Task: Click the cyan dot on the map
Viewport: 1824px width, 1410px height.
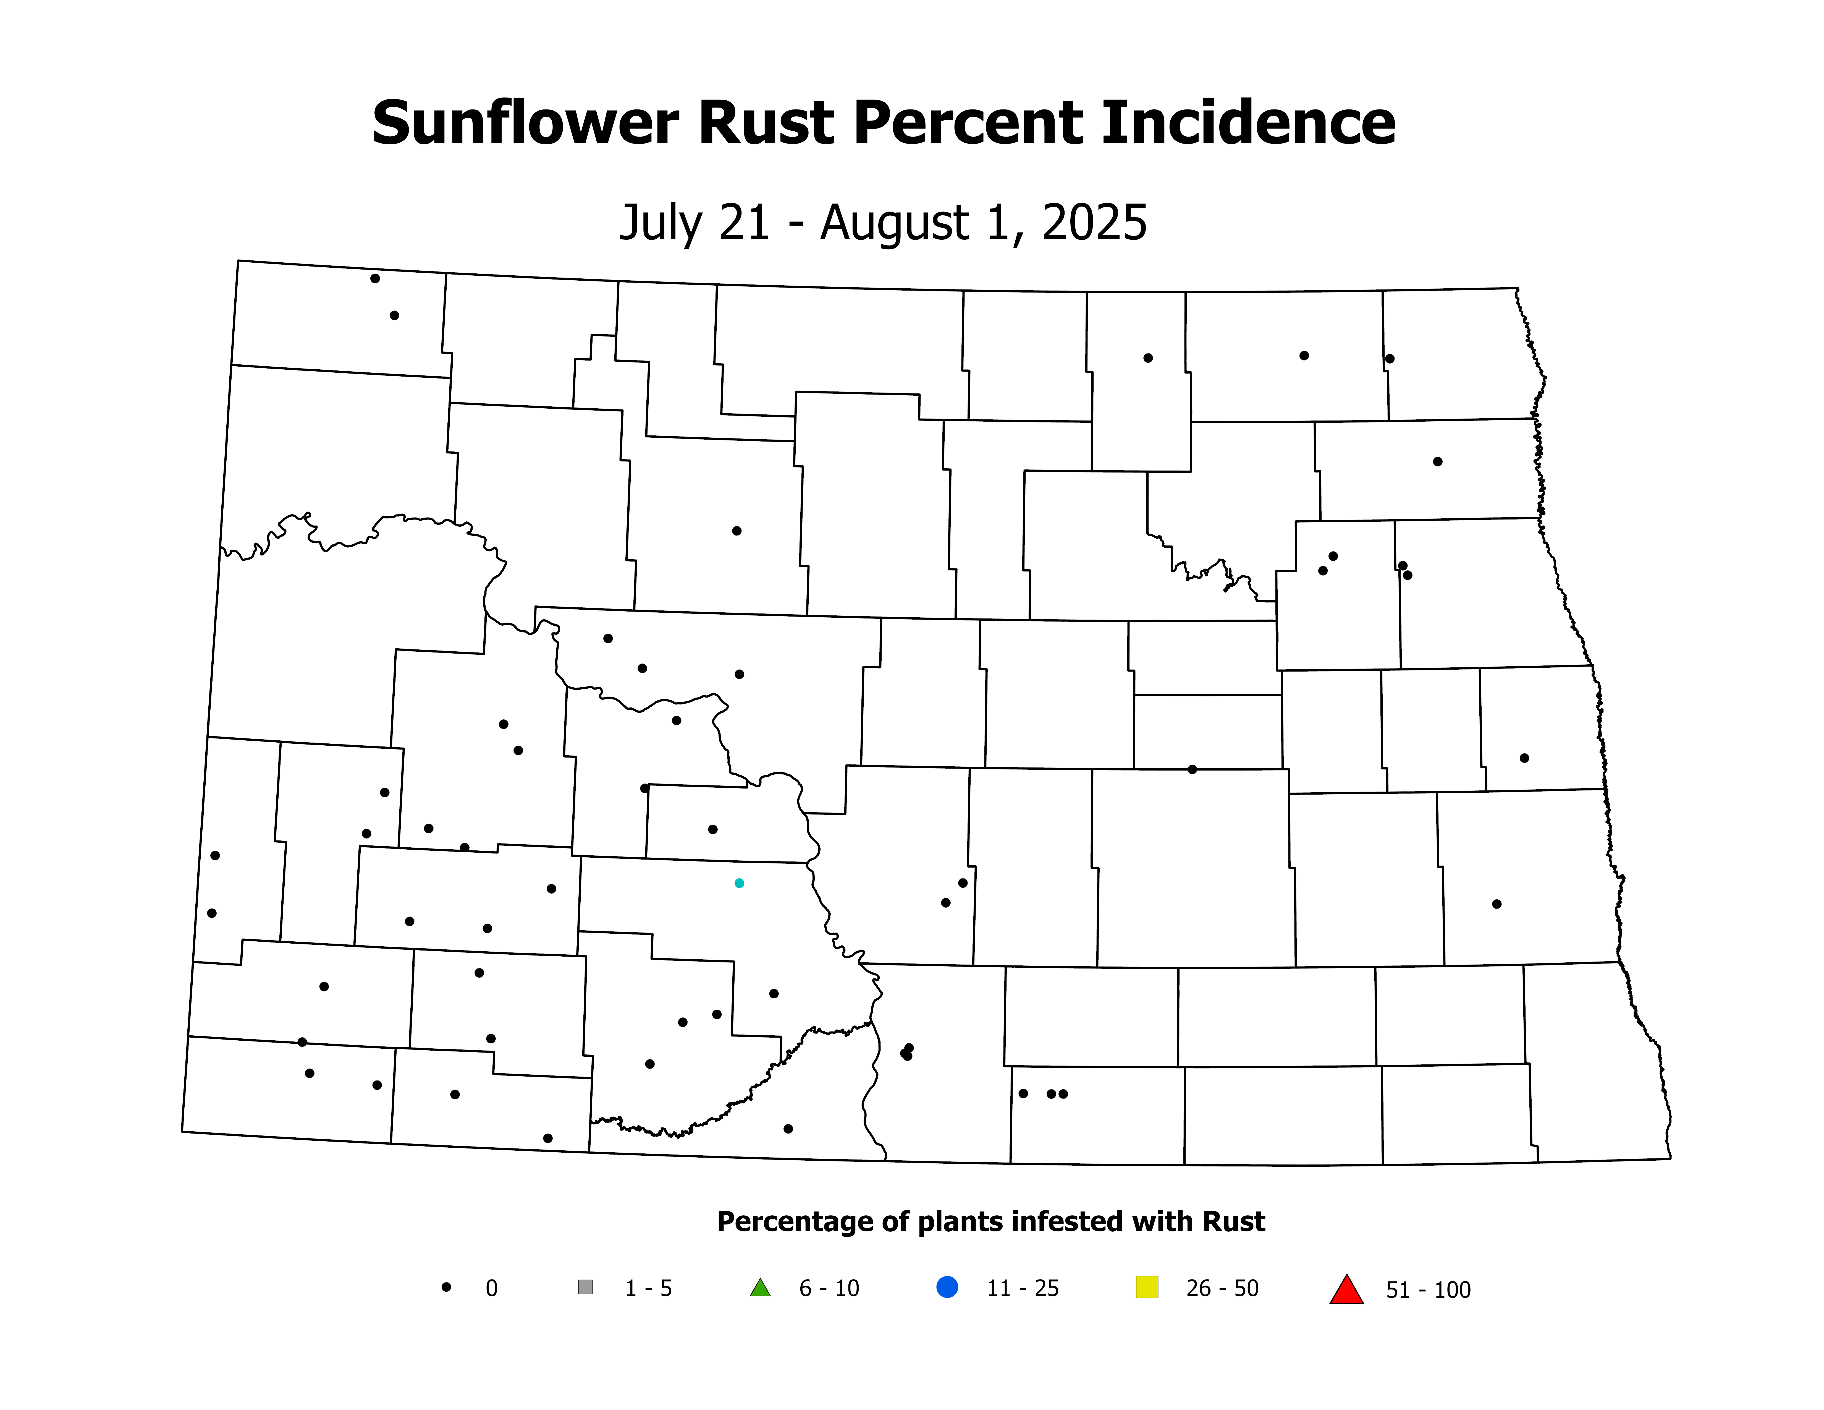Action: [739, 883]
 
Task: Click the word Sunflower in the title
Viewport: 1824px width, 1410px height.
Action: [525, 124]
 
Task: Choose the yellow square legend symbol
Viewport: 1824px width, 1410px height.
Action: [1147, 1287]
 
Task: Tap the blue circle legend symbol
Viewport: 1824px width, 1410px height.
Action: [947, 1287]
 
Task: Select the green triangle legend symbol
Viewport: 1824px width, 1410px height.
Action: [760, 1288]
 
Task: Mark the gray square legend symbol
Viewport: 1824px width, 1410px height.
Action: [585, 1287]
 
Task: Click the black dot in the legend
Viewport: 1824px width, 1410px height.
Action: [447, 1287]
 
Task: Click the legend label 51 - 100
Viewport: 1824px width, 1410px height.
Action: [1428, 1291]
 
